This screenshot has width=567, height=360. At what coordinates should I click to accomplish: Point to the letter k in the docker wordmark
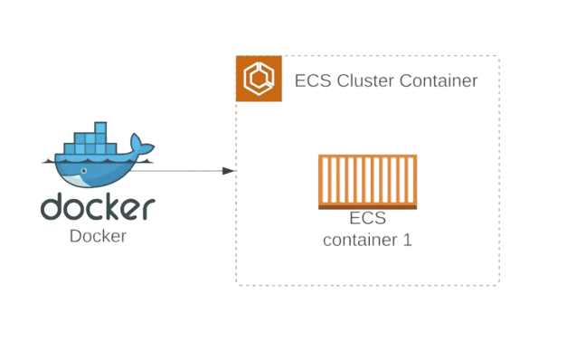tap(113, 208)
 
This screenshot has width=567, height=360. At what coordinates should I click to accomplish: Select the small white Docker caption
tap(98, 237)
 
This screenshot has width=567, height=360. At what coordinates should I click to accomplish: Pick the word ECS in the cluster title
tap(312, 81)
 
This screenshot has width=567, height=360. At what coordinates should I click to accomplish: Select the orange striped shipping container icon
tap(367, 183)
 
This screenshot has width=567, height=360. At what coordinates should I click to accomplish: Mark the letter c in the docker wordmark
tap(93, 210)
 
